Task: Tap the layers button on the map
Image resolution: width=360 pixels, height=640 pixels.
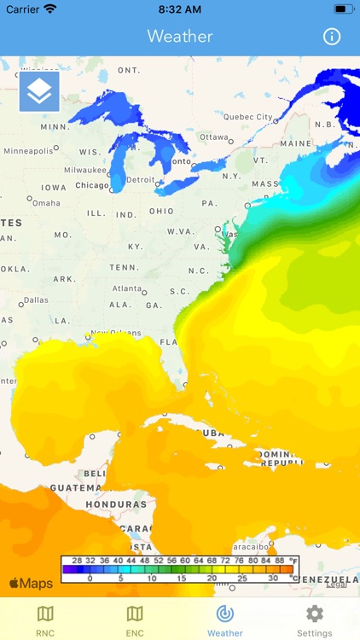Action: (39, 92)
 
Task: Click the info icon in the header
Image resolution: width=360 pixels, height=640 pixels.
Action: (332, 37)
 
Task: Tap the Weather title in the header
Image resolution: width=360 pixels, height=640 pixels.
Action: (180, 37)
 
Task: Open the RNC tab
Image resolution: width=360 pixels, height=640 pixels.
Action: (45, 620)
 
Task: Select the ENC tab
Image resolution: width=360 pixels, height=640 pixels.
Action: (135, 620)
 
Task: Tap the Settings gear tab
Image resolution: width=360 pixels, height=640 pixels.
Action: (314, 620)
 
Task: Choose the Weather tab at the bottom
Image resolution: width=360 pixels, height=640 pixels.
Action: (225, 620)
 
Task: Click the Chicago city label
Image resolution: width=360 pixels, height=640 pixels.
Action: (92, 185)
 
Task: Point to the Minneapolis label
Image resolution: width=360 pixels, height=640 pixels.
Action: (27, 151)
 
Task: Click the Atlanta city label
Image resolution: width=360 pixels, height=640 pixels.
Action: (127, 288)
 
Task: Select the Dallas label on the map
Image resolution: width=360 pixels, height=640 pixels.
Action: (37, 300)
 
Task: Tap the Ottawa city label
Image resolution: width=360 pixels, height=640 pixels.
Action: (214, 137)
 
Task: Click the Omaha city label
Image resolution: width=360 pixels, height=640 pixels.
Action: (47, 203)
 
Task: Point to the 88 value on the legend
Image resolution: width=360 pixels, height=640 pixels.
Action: (279, 561)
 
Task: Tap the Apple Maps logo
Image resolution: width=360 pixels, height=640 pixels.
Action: (31, 584)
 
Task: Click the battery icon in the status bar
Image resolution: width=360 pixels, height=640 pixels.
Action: (342, 9)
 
